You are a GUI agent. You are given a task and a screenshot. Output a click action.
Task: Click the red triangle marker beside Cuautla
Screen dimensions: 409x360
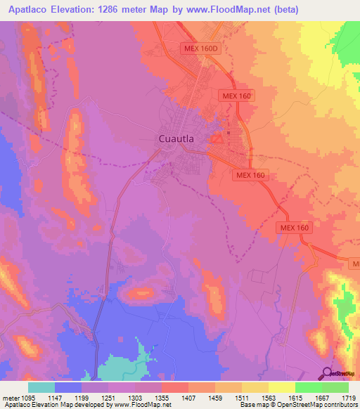[217, 140]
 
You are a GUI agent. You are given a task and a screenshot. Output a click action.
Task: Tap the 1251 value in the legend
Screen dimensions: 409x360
[108, 398]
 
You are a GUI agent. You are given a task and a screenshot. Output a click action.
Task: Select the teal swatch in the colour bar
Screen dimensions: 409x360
[41, 387]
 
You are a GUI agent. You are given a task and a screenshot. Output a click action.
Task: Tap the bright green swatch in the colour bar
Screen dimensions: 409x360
[308, 387]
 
